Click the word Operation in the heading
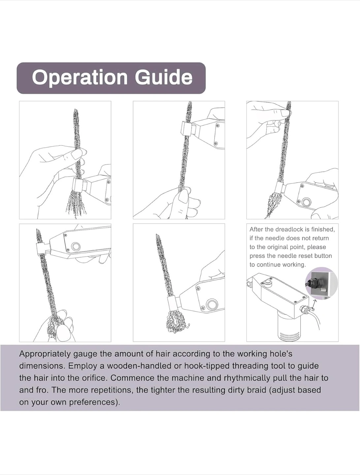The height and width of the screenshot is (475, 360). coord(80,78)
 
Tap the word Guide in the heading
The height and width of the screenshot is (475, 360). coord(164,77)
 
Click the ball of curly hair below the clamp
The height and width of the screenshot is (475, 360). coord(175,322)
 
